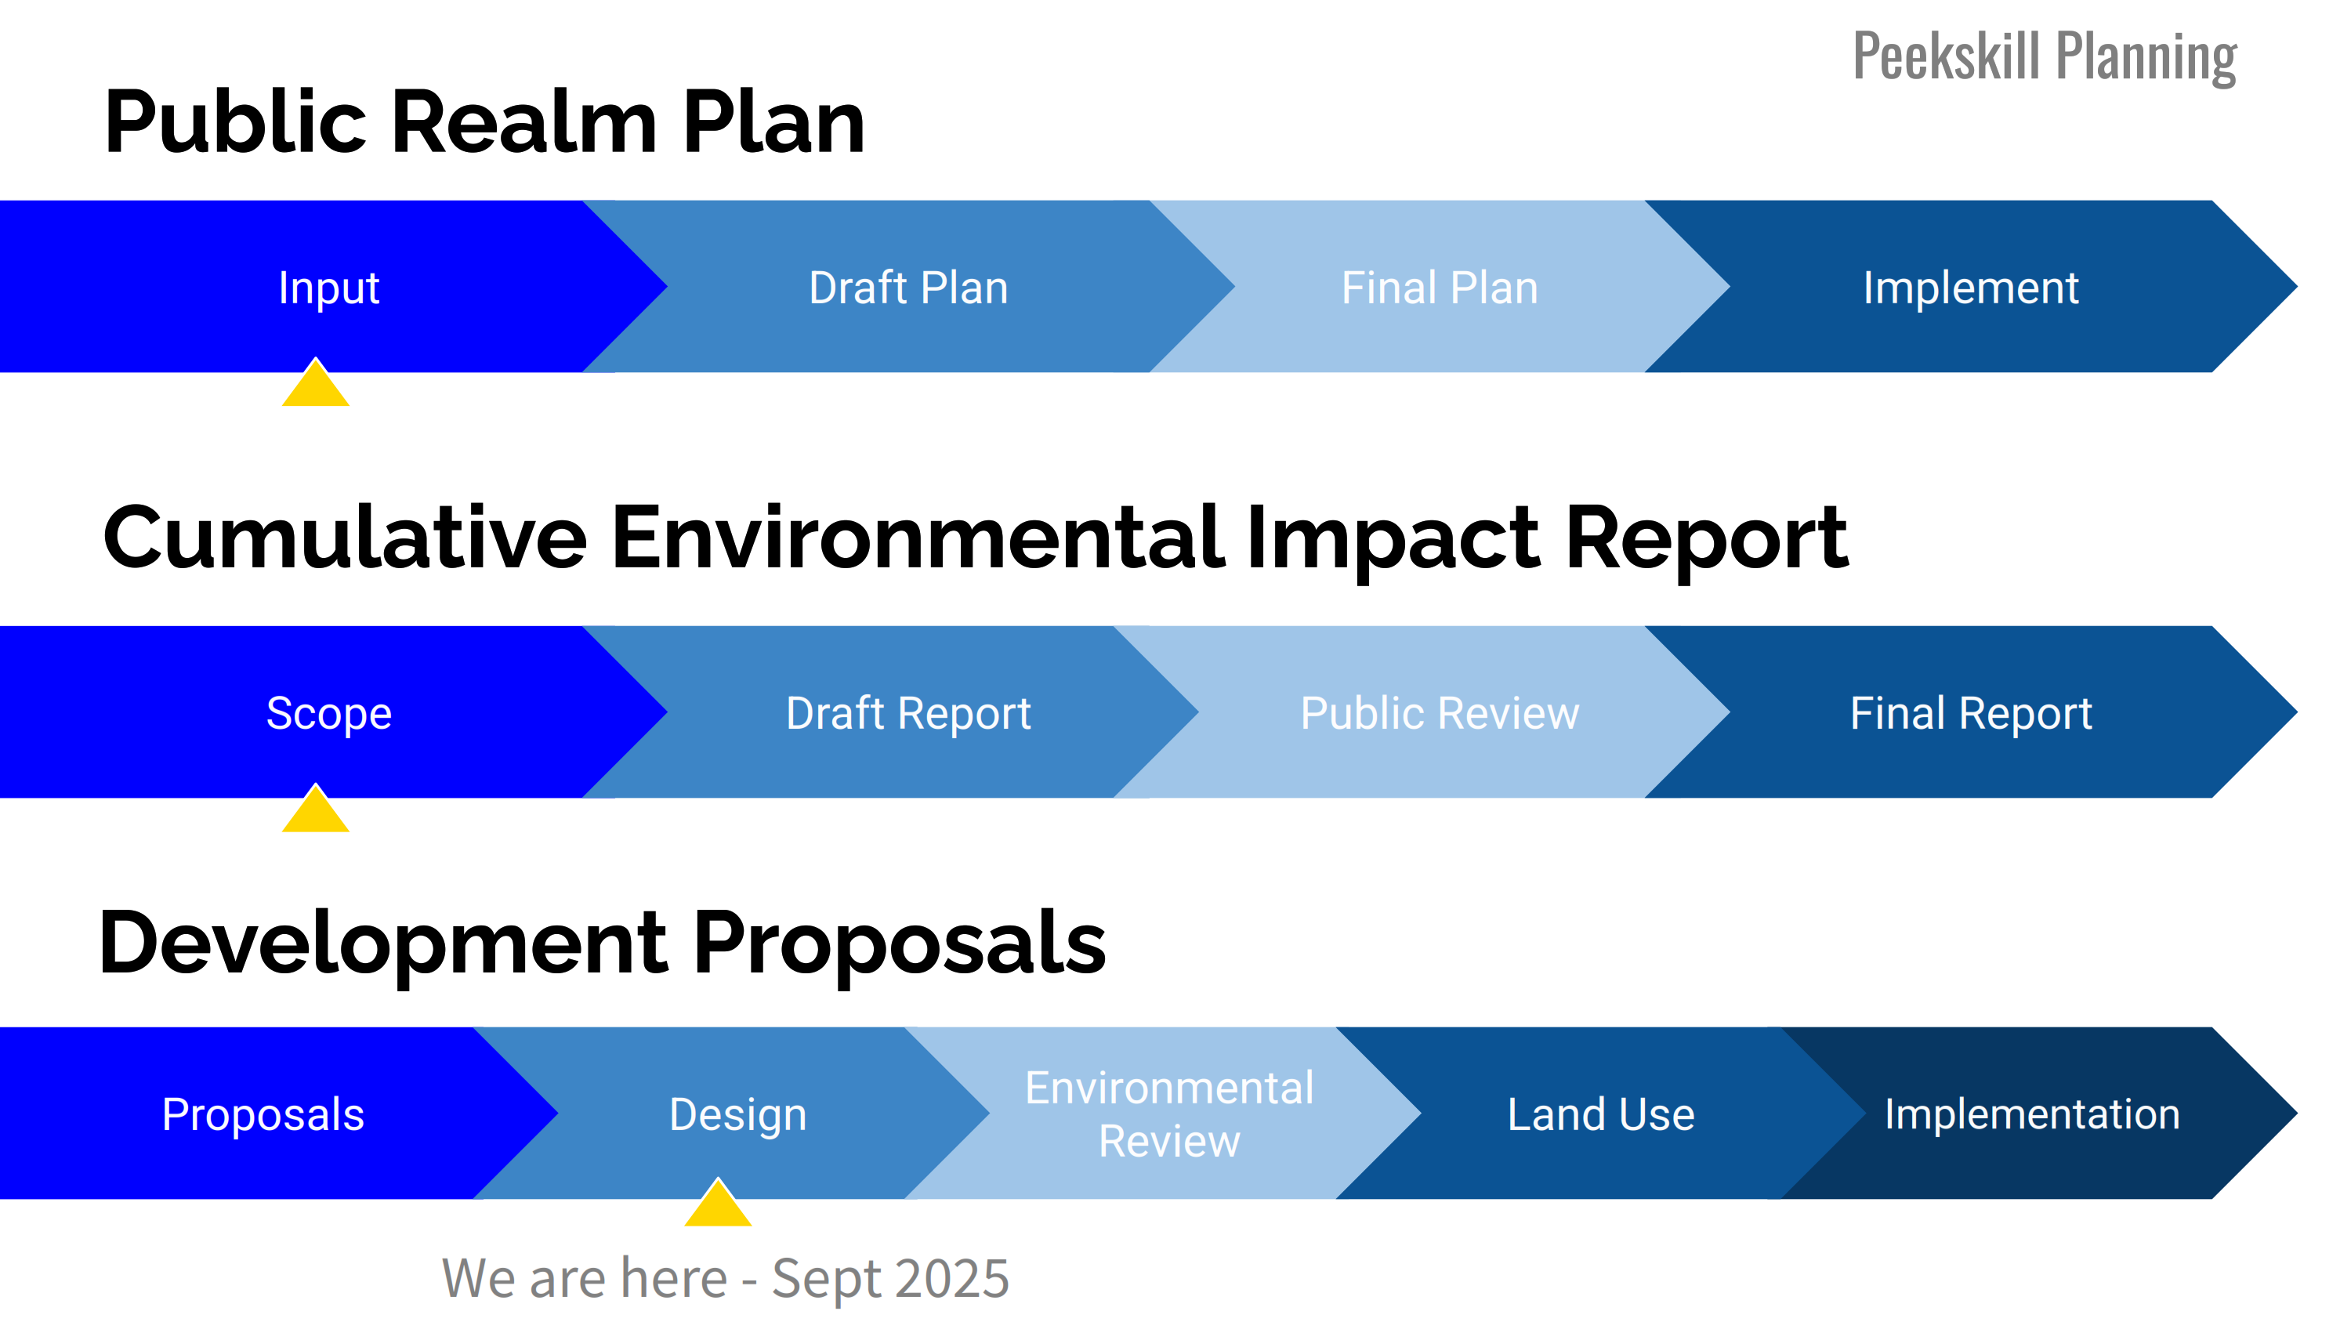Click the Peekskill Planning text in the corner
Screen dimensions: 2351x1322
[x=2045, y=57]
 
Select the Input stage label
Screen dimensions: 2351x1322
[x=328, y=288]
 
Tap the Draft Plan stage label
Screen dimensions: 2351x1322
[x=908, y=288]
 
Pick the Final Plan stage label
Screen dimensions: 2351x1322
[x=1440, y=288]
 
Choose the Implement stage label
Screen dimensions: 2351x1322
[x=1970, y=288]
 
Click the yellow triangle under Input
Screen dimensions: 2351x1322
[x=316, y=383]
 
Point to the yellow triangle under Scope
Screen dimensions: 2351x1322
[x=316, y=809]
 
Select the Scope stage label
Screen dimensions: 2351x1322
[x=328, y=713]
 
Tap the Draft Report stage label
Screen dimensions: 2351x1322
[x=908, y=713]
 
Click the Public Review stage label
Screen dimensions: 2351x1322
[x=1440, y=713]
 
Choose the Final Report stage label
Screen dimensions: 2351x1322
[x=1970, y=713]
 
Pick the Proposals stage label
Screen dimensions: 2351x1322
[x=263, y=1115]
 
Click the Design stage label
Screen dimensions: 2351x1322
[x=737, y=1115]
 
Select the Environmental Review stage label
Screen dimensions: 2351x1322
[x=1169, y=1114]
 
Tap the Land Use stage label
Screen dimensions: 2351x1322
[x=1601, y=1115]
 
